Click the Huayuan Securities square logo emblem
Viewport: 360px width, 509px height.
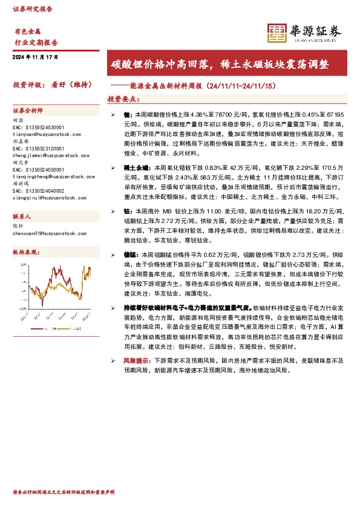[277, 33]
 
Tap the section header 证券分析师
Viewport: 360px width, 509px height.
[28, 111]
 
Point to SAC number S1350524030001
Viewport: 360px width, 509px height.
[38, 128]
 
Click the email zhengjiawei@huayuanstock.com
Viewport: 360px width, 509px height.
[43, 155]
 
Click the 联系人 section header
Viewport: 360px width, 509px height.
[22, 216]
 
